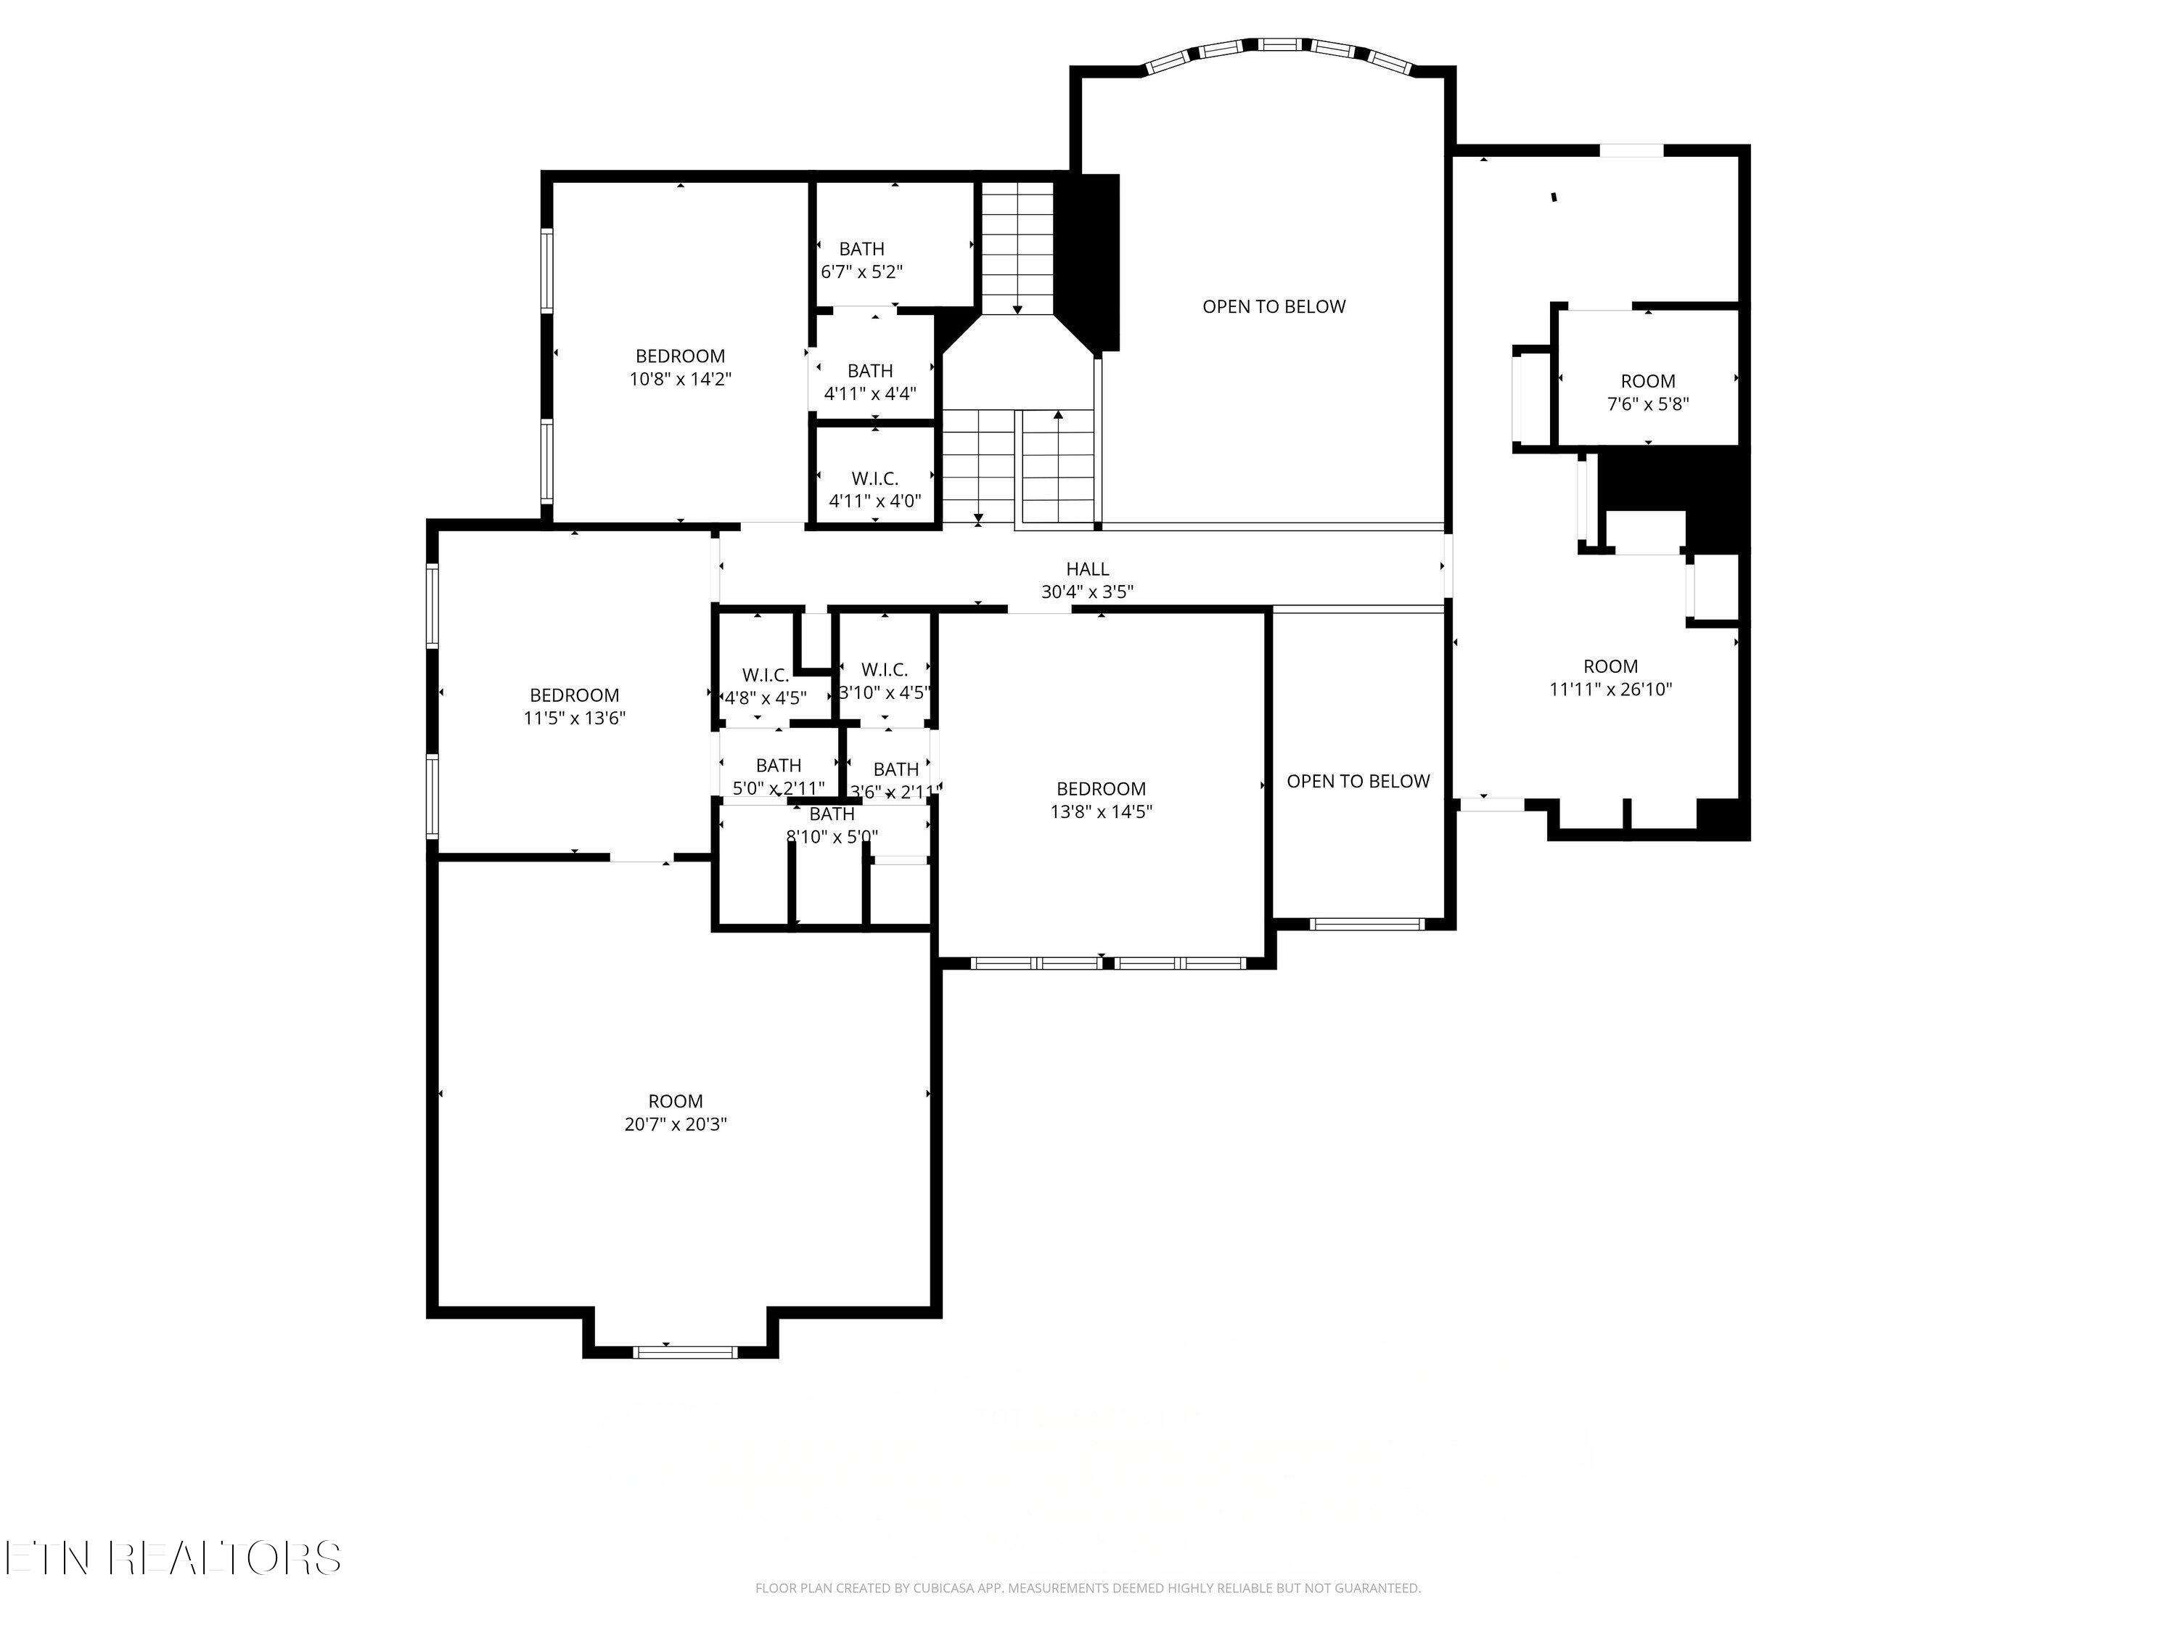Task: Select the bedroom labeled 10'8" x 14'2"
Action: pyautogui.click(x=680, y=367)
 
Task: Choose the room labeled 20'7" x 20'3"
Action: pyautogui.click(x=675, y=1113)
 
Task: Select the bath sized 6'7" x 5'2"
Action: pyautogui.click(x=861, y=260)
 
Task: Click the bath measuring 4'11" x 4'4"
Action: pyautogui.click(x=870, y=382)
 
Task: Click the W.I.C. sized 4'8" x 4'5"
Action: pyautogui.click(x=765, y=686)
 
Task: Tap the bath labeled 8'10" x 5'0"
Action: pyautogui.click(x=832, y=825)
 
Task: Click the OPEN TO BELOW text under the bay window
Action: pyautogui.click(x=1273, y=306)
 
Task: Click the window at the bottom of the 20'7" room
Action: pyautogui.click(x=684, y=1351)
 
